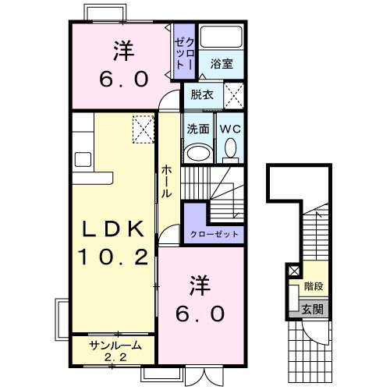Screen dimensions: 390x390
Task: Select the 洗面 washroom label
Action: click(197, 129)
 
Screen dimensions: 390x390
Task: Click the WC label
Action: click(229, 129)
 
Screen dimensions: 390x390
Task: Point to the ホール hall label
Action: click(167, 181)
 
